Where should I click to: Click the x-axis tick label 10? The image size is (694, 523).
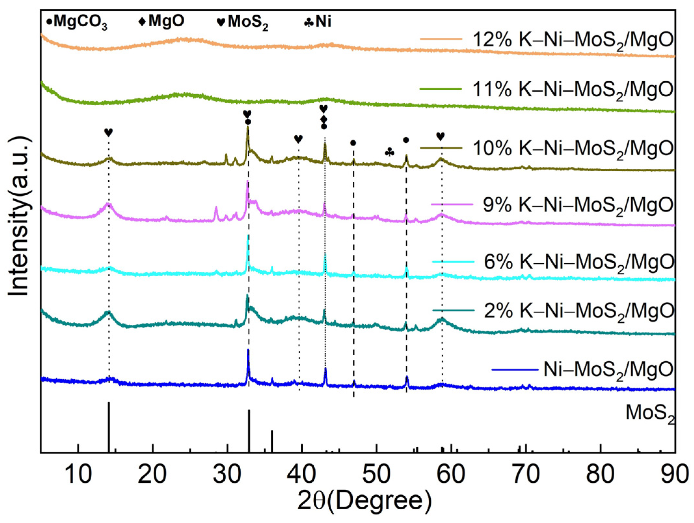pos(78,474)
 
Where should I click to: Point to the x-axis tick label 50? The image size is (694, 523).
pos(376,474)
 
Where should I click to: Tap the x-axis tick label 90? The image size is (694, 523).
pos(674,474)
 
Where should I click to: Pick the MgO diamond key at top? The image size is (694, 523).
pos(161,21)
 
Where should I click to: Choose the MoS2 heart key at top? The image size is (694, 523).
pos(242,22)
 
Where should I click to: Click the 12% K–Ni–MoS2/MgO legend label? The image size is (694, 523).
pos(572,40)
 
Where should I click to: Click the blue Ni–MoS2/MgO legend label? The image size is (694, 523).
pos(608,370)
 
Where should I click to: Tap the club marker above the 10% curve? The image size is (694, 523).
pos(389,152)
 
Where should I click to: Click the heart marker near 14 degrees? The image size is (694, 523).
pos(109,132)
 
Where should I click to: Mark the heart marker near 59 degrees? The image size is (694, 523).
pos(440,136)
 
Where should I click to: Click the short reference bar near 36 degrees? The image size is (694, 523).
pos(272,441)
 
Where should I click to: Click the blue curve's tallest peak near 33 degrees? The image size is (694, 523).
pos(248,353)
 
